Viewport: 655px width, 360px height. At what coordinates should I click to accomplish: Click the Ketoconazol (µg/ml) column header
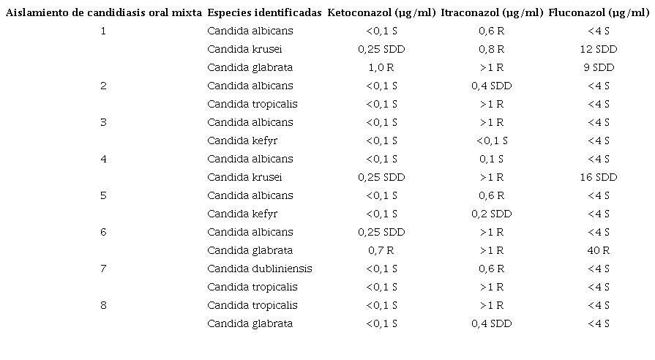click(381, 13)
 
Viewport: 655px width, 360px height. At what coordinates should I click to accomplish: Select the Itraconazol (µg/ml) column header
click(492, 13)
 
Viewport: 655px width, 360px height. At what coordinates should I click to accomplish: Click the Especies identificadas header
click(264, 13)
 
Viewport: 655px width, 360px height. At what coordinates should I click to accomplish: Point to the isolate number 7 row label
click(103, 269)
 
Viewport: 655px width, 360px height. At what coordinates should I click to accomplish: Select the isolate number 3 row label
click(103, 122)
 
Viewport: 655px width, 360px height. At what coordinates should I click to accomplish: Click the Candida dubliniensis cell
click(259, 269)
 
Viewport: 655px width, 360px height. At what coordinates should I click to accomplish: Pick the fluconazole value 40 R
click(598, 250)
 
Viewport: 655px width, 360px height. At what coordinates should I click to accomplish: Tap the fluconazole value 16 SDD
click(598, 177)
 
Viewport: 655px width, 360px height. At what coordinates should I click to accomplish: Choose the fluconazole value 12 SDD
click(598, 49)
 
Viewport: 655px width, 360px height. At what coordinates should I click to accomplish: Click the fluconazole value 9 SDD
click(598, 67)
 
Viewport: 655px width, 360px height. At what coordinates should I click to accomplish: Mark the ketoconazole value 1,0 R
click(381, 67)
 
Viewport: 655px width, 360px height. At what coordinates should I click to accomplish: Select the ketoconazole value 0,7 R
click(381, 250)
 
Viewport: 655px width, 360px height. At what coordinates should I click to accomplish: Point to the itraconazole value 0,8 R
click(492, 49)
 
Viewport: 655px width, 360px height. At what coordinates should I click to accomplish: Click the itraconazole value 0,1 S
click(492, 159)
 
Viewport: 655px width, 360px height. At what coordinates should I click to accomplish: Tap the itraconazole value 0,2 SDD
click(492, 214)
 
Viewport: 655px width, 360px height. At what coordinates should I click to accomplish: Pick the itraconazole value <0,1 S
click(492, 140)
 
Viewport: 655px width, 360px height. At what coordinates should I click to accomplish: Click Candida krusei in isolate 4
click(244, 177)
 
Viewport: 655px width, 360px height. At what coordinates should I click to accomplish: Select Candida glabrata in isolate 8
click(250, 323)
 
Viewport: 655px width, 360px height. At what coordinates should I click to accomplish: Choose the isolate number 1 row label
click(103, 31)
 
